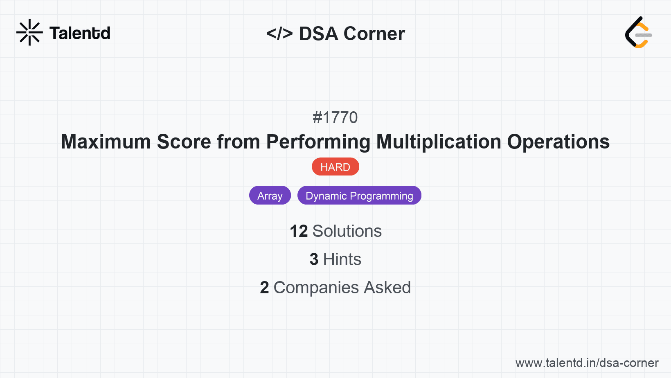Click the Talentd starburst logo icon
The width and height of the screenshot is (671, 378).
coord(29,32)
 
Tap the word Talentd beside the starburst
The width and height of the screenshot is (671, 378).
coord(80,33)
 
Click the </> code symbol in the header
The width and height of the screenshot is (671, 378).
coord(279,34)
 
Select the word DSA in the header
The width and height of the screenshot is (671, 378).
coord(318,34)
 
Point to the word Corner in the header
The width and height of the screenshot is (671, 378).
coord(374,34)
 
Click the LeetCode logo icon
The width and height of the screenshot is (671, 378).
coord(638,33)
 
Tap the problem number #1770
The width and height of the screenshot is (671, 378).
coord(335,117)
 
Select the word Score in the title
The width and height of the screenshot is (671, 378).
coord(184,142)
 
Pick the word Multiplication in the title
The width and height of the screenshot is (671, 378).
coord(439,142)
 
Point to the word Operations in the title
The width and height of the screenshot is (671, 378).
coord(558,142)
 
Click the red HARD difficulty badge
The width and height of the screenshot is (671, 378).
coord(335,167)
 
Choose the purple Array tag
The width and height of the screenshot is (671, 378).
coord(270,196)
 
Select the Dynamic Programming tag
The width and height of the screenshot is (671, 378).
coord(359,196)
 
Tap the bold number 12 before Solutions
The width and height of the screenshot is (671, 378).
coord(299,231)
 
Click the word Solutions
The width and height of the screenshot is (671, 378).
coord(347,231)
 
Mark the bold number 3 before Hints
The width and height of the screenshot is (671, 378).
coord(314,259)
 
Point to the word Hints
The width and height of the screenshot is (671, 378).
coord(342,259)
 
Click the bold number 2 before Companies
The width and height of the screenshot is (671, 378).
coord(264,288)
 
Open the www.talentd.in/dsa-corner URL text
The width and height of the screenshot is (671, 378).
coord(587,363)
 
